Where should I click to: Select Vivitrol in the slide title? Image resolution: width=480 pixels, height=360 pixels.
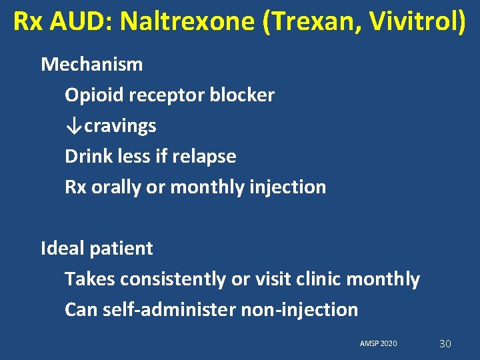click(x=412, y=21)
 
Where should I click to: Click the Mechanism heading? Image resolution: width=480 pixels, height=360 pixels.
click(x=92, y=65)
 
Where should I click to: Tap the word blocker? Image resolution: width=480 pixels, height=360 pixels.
click(x=242, y=95)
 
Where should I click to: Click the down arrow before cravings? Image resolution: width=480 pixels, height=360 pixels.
click(x=74, y=126)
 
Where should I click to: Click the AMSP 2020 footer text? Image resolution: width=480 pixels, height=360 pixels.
click(x=378, y=343)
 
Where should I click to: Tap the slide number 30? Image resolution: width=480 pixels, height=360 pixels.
click(x=445, y=343)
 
